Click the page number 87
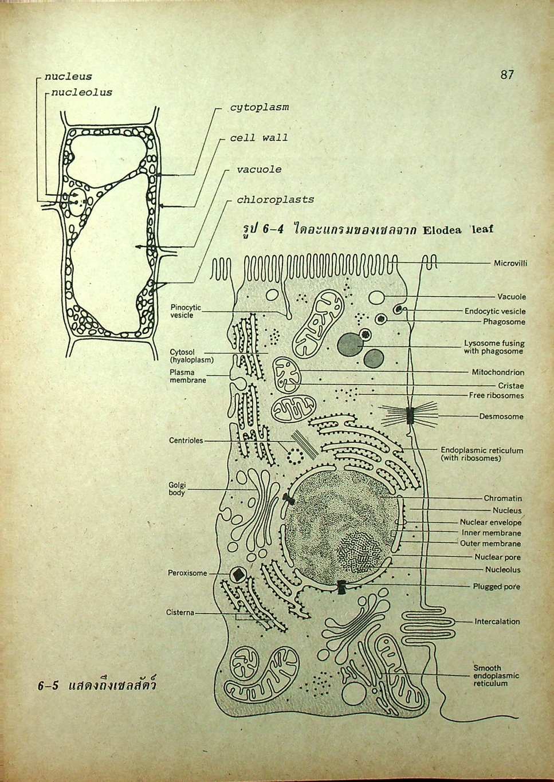pyautogui.click(x=506, y=74)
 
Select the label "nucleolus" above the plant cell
pyautogui.click(x=81, y=92)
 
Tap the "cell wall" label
pyautogui.click(x=258, y=138)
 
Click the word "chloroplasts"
pyautogui.click(x=275, y=200)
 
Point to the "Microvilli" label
pyautogui.click(x=510, y=264)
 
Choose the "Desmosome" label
pyautogui.click(x=501, y=416)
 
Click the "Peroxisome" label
pyautogui.click(x=187, y=573)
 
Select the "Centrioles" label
pyautogui.click(x=186, y=441)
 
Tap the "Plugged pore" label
pyautogui.click(x=496, y=587)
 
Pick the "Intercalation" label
pyautogui.click(x=497, y=622)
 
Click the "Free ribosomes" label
pyautogui.click(x=496, y=395)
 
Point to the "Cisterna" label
pyautogui.click(x=180, y=612)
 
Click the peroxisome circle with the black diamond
pyautogui.click(x=237, y=575)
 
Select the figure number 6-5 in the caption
pyautogui.click(x=49, y=686)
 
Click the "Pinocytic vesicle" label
pyautogui.click(x=186, y=312)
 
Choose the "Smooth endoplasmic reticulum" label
pyautogui.click(x=496, y=675)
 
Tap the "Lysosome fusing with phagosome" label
pyautogui.click(x=494, y=347)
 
